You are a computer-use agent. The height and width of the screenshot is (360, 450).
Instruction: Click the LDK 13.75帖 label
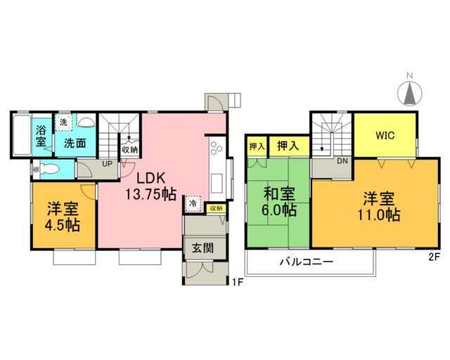pyautogui.click(x=150, y=186)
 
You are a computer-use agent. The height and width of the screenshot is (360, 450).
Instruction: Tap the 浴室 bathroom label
pyautogui.click(x=41, y=136)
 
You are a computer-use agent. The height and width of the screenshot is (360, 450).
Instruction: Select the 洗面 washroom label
pyautogui.click(x=75, y=143)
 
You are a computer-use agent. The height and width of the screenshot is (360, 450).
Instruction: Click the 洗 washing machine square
pyautogui.click(x=64, y=122)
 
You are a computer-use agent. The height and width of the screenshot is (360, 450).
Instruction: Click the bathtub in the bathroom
pyautogui.click(x=22, y=135)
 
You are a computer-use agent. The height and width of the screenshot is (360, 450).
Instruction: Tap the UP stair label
pyautogui.click(x=107, y=164)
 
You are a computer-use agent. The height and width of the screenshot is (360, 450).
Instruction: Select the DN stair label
pyautogui.click(x=342, y=161)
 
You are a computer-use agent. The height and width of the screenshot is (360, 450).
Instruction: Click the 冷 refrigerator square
pyautogui.click(x=193, y=203)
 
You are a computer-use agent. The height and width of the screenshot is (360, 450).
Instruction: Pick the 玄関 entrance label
pyautogui.click(x=203, y=248)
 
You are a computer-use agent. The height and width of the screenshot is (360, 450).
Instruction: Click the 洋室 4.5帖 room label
pyautogui.click(x=63, y=217)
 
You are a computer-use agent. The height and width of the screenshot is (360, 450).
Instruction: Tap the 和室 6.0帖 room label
pyautogui.click(x=279, y=202)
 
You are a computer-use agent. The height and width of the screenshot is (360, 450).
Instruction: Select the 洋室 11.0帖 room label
pyautogui.click(x=379, y=206)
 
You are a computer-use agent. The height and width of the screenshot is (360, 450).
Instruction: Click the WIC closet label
pyautogui.click(x=385, y=135)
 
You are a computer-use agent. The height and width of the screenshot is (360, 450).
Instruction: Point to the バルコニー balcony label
pyautogui.click(x=307, y=262)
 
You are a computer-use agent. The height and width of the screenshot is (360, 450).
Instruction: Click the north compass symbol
pyautogui.click(x=410, y=91)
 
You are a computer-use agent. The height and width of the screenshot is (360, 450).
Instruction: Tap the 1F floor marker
pyautogui.click(x=238, y=283)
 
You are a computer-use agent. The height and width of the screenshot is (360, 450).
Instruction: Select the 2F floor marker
pyautogui.click(x=434, y=257)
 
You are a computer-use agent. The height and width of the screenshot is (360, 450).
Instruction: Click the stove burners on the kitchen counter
pyautogui.click(x=216, y=148)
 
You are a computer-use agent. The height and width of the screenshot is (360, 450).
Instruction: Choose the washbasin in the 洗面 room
pyautogui.click(x=86, y=122)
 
